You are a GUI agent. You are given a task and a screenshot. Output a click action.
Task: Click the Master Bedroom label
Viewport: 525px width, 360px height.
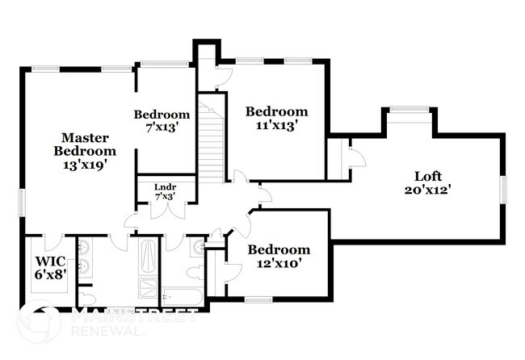point(85,144)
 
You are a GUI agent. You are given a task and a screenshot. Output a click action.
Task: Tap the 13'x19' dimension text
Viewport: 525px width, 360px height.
point(85,164)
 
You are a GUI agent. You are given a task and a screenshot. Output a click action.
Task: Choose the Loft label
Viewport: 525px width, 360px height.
point(427,176)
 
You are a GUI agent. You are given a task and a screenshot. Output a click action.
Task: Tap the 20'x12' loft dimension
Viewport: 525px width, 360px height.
point(427,190)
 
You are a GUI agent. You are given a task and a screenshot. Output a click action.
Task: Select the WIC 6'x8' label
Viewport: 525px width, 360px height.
point(49,267)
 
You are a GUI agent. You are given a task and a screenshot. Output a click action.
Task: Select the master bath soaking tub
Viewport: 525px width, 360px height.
point(149,257)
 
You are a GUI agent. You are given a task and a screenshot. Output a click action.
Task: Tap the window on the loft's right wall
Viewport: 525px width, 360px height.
point(502,190)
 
